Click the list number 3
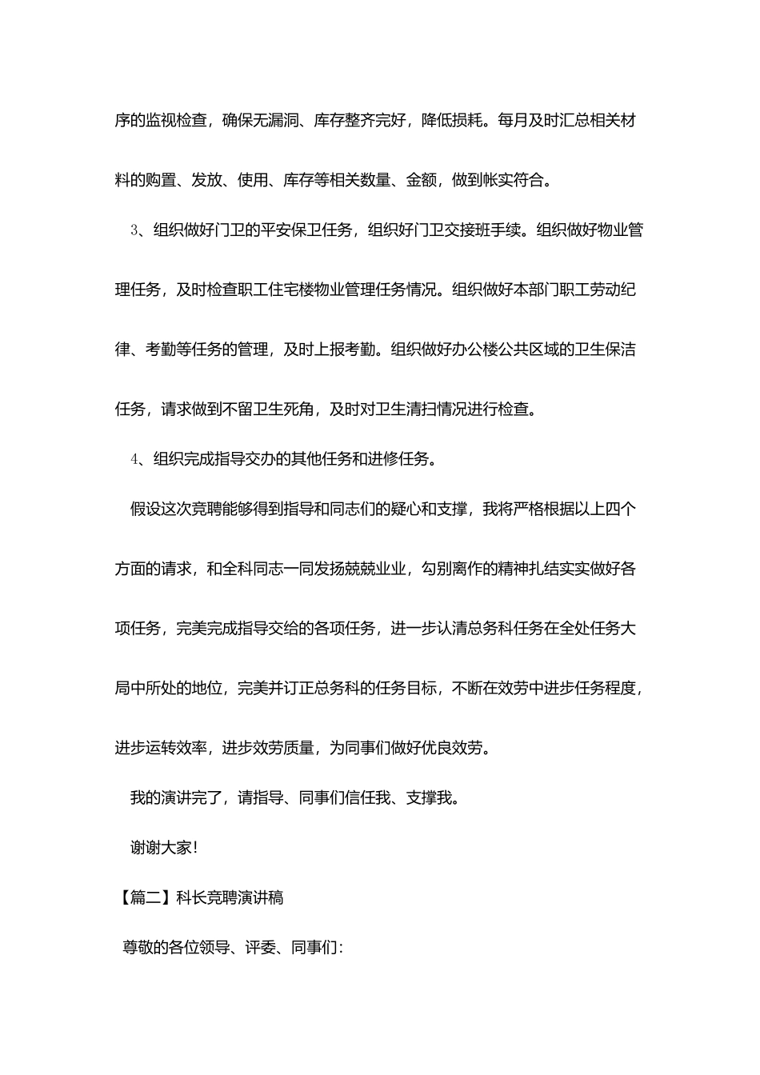pyautogui.click(x=134, y=231)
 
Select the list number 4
pyautogui.click(x=134, y=459)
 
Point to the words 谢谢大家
pyautogui.click(x=160, y=848)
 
